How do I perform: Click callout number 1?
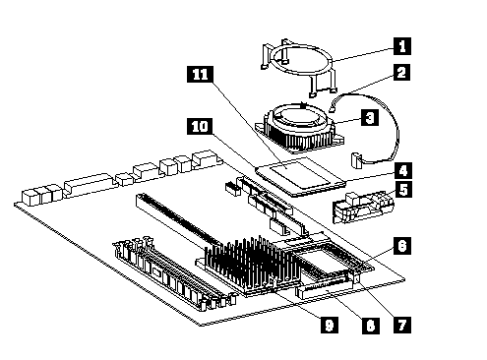pyautogui.click(x=401, y=46)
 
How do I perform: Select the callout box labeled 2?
pyautogui.click(x=401, y=72)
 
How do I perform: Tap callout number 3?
pyautogui.click(x=370, y=118)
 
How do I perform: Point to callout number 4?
pyautogui.click(x=403, y=170)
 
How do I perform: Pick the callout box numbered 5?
pyautogui.click(x=403, y=189)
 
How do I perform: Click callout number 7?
pyautogui.click(x=402, y=326)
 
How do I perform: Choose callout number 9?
pyautogui.click(x=330, y=326)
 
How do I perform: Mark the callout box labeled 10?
pyautogui.click(x=200, y=126)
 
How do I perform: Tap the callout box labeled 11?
pyautogui.click(x=200, y=74)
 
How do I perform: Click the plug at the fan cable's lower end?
pyautogui.click(x=356, y=159)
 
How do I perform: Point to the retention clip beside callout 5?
pyautogui.click(x=363, y=207)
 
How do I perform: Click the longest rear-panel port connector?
pyautogui.click(x=88, y=184)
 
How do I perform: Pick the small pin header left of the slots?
pyautogui.click(x=232, y=188)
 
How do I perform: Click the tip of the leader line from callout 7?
pyautogui.click(x=357, y=279)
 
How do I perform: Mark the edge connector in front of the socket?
pyautogui.click(x=325, y=288)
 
